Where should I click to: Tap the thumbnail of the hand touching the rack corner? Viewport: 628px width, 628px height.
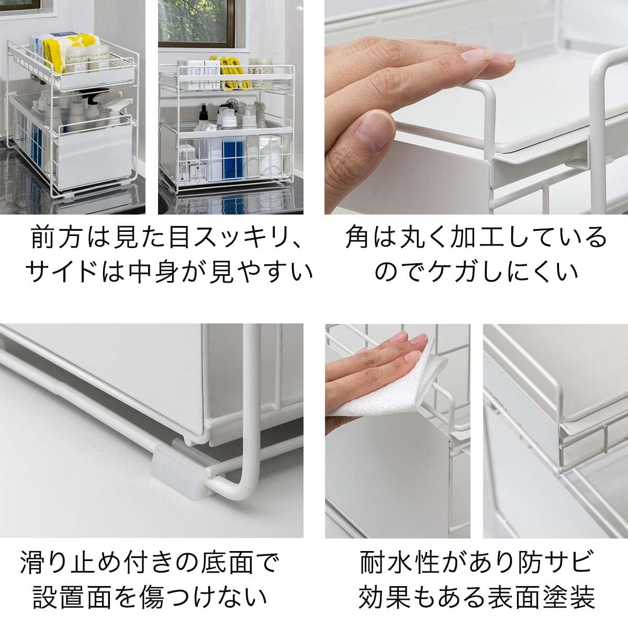click(476, 107)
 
